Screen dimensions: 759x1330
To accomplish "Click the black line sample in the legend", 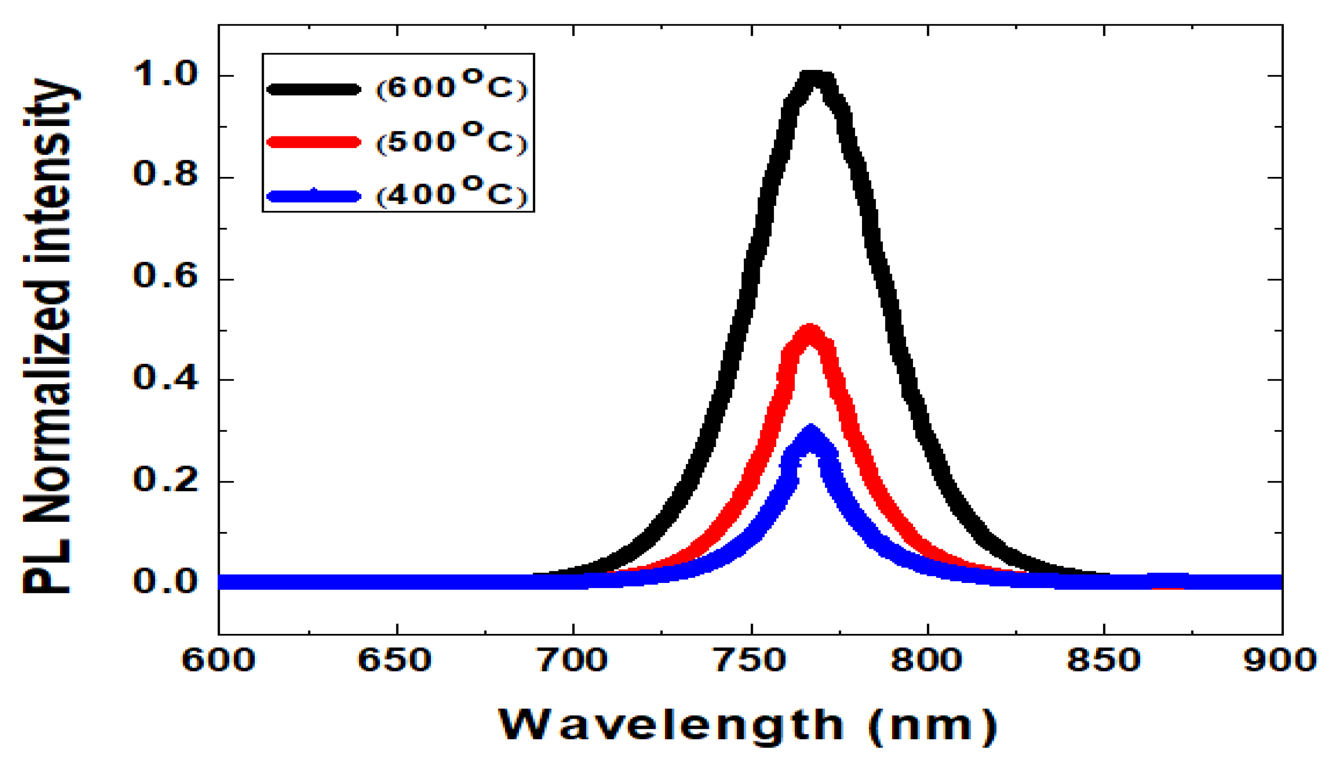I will [x=313, y=89].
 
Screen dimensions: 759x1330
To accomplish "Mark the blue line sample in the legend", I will [x=313, y=195].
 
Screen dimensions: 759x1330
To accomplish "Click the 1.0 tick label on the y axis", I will [x=166, y=75].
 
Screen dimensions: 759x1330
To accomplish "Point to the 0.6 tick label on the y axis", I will [x=166, y=276].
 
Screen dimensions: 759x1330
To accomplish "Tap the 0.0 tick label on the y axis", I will [x=166, y=581].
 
